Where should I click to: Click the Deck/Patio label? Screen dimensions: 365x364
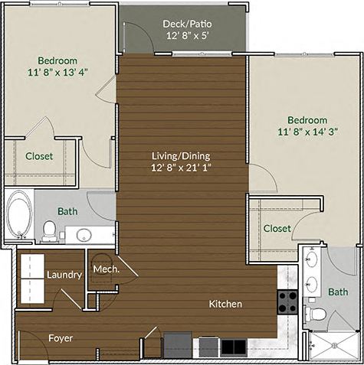tap(186, 23)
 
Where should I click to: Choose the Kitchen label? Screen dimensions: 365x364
tap(225, 304)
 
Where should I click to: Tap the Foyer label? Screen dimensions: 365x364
tap(61, 337)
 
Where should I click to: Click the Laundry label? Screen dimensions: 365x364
tap(64, 275)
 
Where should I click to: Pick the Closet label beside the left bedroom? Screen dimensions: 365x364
tap(39, 156)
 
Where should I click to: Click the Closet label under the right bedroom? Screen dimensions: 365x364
tap(277, 228)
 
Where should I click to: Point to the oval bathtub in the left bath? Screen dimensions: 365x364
tap(19, 214)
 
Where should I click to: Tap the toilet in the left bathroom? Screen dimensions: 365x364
tap(50, 230)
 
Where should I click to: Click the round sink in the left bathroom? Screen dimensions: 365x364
tap(84, 233)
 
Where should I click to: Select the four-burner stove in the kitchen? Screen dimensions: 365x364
tap(287, 302)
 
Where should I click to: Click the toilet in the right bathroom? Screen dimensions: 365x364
tap(316, 314)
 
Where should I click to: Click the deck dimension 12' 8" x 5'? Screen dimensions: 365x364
tap(186, 35)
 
